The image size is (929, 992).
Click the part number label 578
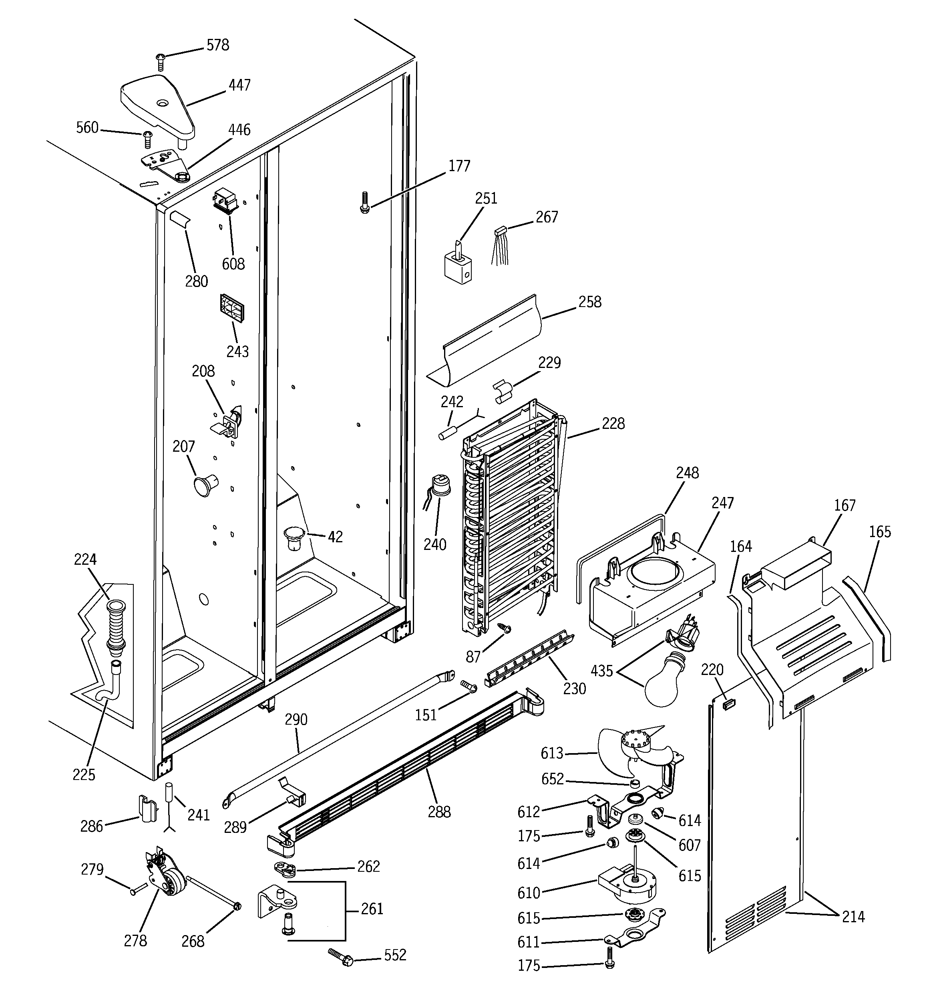click(217, 45)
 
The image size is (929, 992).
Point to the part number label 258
click(590, 302)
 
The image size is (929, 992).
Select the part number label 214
click(853, 916)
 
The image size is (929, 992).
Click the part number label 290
click(296, 719)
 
